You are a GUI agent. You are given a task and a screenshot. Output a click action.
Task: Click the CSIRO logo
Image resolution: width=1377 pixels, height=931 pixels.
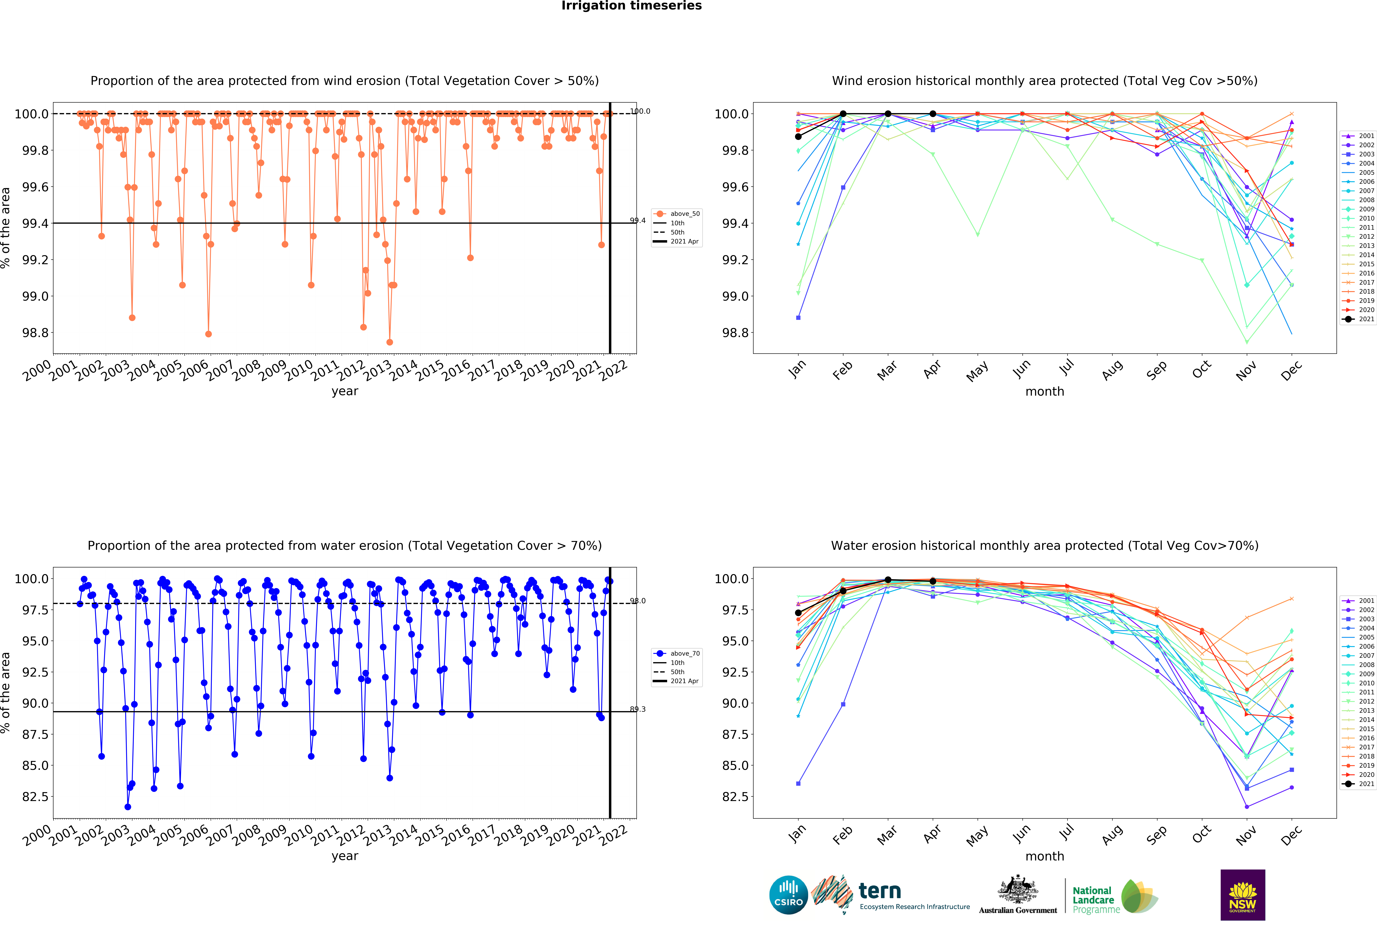(788, 895)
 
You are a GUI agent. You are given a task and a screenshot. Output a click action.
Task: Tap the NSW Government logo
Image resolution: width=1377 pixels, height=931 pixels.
(1243, 895)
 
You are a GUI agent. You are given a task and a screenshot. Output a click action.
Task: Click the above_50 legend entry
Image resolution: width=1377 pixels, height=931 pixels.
(684, 214)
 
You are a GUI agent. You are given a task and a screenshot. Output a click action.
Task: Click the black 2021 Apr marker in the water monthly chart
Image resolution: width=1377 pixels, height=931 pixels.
(933, 581)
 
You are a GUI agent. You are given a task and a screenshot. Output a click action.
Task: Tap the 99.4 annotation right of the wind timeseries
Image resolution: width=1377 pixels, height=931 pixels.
(638, 220)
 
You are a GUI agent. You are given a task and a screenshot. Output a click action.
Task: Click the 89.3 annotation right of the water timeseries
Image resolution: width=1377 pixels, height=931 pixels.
(638, 709)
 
